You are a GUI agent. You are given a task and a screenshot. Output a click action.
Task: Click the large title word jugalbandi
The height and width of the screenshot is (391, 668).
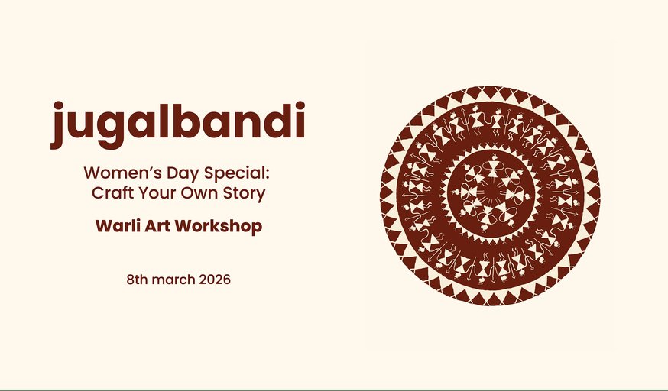click(177, 123)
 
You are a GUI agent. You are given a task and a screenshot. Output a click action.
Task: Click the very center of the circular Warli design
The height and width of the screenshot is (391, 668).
click(490, 195)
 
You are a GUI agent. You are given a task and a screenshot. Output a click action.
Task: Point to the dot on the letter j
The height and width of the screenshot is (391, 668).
click(58, 105)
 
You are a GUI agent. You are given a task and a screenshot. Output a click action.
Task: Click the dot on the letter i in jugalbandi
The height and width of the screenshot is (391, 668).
click(300, 105)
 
